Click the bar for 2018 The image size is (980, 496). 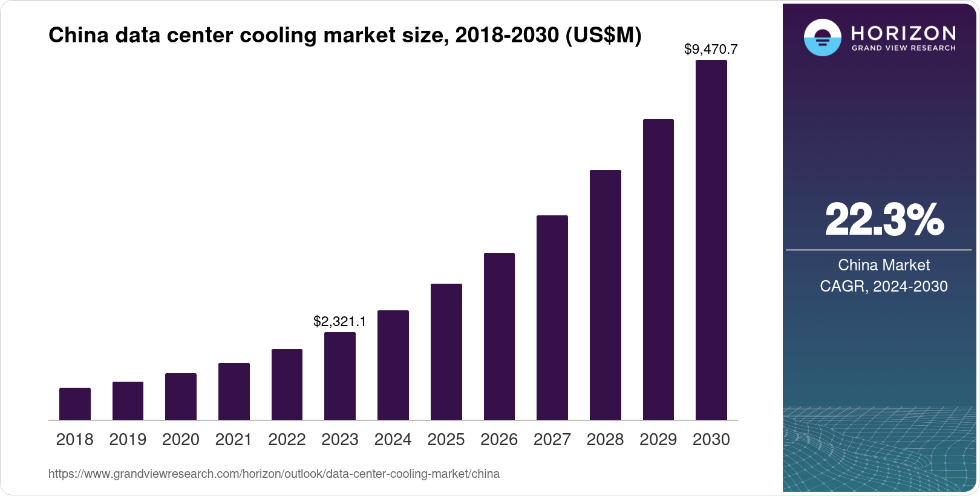(x=75, y=404)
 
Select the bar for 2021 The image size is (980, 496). (x=234, y=391)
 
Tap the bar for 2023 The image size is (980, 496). (x=340, y=376)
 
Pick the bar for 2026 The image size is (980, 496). (x=499, y=336)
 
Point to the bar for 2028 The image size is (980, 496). (x=606, y=295)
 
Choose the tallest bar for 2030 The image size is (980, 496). (x=711, y=240)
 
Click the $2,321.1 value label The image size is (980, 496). (x=339, y=322)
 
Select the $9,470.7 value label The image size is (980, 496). (x=711, y=50)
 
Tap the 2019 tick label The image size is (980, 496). (x=128, y=440)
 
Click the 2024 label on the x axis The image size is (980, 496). (x=393, y=440)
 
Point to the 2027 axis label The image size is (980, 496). (x=552, y=440)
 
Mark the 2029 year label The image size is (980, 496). (x=658, y=440)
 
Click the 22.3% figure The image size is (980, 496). (x=884, y=220)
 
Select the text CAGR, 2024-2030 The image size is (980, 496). (x=883, y=286)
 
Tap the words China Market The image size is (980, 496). (x=883, y=265)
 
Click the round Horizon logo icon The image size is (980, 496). (x=822, y=38)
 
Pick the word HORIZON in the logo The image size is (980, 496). (x=903, y=33)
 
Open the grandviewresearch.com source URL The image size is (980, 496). (x=274, y=474)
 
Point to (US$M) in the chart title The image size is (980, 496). (x=603, y=36)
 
